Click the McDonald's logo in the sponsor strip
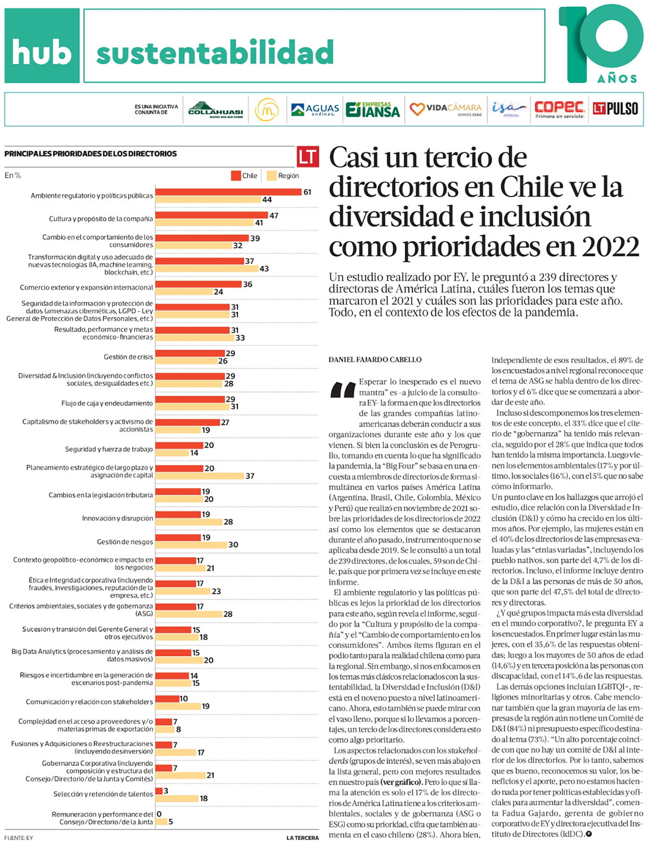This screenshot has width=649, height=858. (267, 109)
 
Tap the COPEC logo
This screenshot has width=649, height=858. (559, 109)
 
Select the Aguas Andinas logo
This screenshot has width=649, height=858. (315, 109)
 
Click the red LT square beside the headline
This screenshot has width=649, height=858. (308, 157)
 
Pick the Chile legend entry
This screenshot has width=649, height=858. (244, 176)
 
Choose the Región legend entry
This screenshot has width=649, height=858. (282, 176)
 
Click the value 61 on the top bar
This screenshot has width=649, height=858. (307, 192)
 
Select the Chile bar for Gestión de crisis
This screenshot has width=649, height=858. (190, 353)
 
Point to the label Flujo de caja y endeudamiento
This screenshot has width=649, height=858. (107, 403)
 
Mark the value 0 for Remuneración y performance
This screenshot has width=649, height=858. (159, 814)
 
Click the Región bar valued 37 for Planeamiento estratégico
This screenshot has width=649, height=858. (199, 476)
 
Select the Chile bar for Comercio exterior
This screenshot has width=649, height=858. (198, 284)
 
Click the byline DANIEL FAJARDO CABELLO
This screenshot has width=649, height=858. (375, 359)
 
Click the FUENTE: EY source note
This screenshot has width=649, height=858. (19, 838)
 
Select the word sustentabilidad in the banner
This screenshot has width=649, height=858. (215, 53)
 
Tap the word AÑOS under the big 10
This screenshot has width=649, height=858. (617, 79)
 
